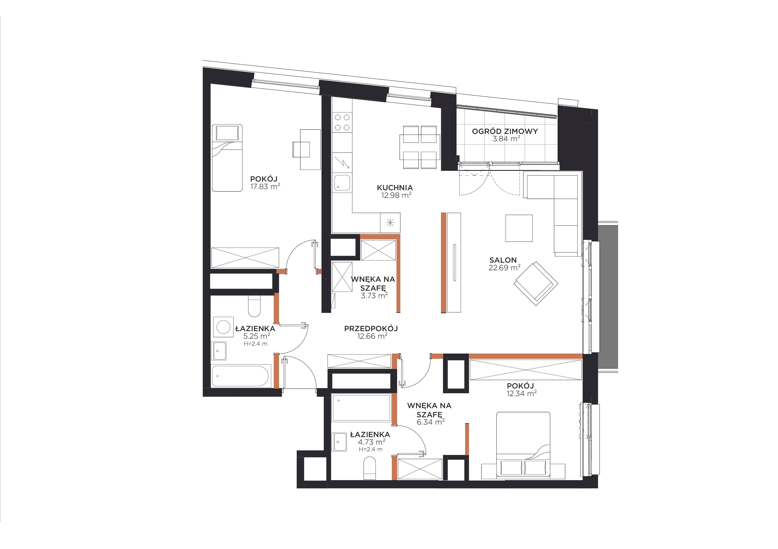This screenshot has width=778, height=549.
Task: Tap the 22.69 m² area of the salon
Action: pos(504,268)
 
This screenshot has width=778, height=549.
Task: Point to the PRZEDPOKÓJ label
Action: pos(371,328)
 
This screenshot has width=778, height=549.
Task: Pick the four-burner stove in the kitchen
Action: pos(342,122)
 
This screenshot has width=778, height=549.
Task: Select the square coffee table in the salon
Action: pos(519,228)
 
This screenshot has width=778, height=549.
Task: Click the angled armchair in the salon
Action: pos(536,283)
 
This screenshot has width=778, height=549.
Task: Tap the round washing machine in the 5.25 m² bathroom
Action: pos(224,327)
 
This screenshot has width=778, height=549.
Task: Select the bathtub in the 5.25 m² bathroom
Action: pos(241,376)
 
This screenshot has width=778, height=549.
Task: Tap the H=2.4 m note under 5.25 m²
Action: pos(255,344)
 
